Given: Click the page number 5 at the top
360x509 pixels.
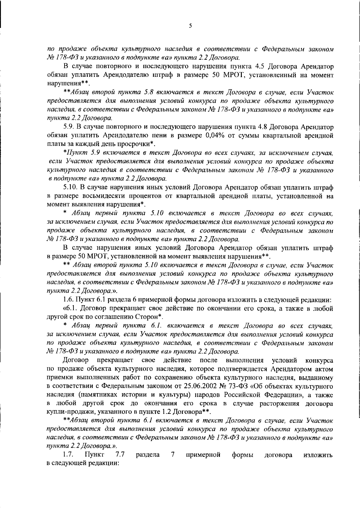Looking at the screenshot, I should pyautogui.click(x=190, y=26).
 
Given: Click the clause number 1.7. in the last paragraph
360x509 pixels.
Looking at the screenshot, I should pyautogui.click(x=68, y=455).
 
